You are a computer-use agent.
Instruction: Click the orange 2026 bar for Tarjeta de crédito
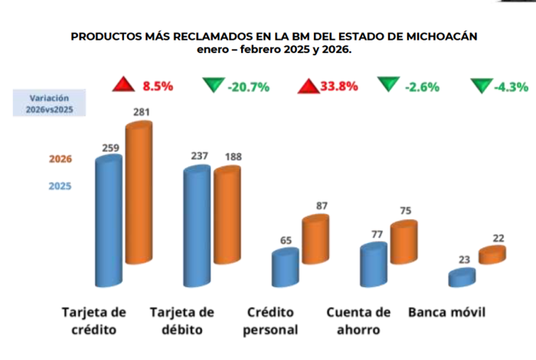(139, 195)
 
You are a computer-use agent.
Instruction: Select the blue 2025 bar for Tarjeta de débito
(197, 230)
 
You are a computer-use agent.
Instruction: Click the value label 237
(200, 157)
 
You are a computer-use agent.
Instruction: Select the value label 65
(286, 241)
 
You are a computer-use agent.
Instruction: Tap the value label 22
(498, 239)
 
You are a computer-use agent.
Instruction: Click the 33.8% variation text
(339, 86)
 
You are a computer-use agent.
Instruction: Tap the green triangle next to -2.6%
(390, 85)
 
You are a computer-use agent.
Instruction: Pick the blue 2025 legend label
(60, 185)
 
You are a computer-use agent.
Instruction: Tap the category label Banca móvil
(446, 313)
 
